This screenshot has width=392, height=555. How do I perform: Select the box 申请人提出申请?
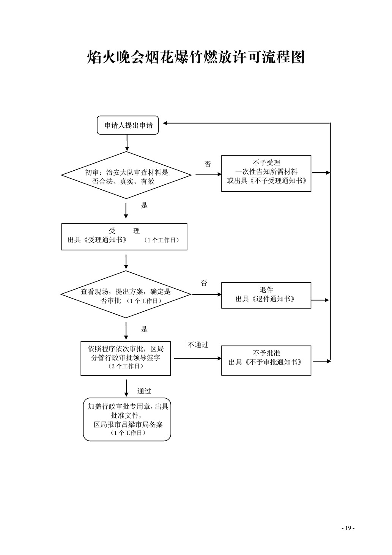click(x=128, y=125)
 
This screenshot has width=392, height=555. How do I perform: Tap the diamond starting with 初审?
click(x=126, y=175)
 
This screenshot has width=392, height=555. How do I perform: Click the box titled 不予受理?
click(x=266, y=173)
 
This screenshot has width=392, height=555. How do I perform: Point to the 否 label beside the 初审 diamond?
click(x=208, y=164)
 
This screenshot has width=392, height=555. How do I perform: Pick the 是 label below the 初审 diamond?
click(x=144, y=206)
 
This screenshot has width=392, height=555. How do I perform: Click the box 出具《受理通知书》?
click(x=124, y=236)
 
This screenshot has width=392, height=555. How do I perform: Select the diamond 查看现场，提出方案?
click(x=126, y=294)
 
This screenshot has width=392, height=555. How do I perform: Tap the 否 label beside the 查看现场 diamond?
click(x=204, y=283)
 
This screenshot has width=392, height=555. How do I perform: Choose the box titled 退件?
click(x=266, y=295)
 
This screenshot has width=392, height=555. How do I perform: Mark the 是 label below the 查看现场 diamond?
click(x=144, y=329)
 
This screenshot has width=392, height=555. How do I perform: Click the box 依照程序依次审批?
click(x=126, y=358)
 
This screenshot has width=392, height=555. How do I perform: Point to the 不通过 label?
click(x=198, y=345)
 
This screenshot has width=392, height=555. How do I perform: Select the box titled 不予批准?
click(x=266, y=360)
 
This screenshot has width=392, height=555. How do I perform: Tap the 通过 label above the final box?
click(x=144, y=391)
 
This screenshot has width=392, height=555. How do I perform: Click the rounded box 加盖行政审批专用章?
click(x=127, y=419)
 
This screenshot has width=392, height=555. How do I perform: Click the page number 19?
click(x=348, y=528)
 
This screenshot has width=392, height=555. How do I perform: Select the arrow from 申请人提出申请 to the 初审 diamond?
click(x=127, y=143)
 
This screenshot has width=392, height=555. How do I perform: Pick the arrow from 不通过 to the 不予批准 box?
click(x=197, y=358)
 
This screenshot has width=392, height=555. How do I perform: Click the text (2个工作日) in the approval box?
click(x=126, y=366)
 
